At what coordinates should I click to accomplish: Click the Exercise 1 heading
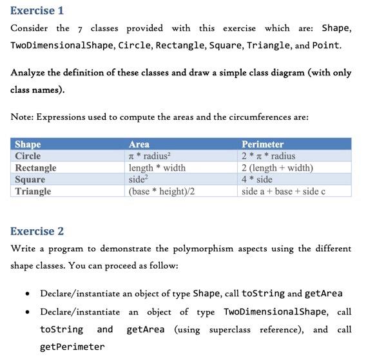(x=37, y=10)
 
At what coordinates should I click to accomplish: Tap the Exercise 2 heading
(x=37, y=231)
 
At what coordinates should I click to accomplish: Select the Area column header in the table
(x=139, y=144)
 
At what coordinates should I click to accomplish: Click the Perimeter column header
(x=262, y=144)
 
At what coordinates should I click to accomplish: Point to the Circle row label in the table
(x=28, y=156)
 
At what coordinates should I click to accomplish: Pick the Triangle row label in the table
(x=33, y=191)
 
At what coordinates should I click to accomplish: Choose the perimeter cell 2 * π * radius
(x=269, y=156)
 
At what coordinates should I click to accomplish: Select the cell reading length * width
(x=157, y=167)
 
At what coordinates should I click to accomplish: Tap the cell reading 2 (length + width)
(x=278, y=167)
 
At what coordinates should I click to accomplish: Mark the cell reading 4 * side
(x=256, y=179)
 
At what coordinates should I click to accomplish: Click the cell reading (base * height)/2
(x=162, y=191)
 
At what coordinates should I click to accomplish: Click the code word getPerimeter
(x=72, y=346)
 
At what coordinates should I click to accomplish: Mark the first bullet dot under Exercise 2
(x=25, y=294)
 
